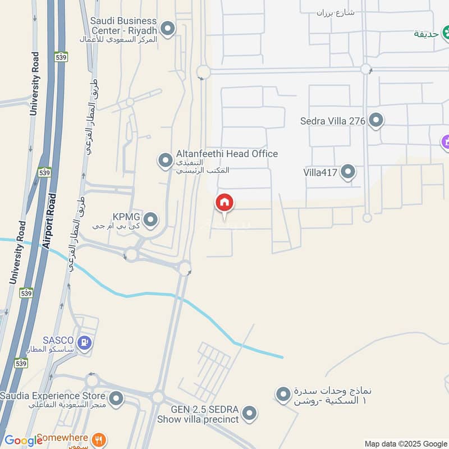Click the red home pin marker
coord(224,203)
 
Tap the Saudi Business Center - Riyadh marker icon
coord(167,28)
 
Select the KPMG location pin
coord(150,220)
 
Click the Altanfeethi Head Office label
coord(227,154)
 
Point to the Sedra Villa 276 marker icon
coord(376,121)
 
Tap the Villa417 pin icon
coord(348,172)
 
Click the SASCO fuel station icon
coord(85,341)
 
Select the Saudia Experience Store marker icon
coord(116,399)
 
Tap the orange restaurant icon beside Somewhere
coord(99,439)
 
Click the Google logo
coord(23,440)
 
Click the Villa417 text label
coord(320,172)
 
